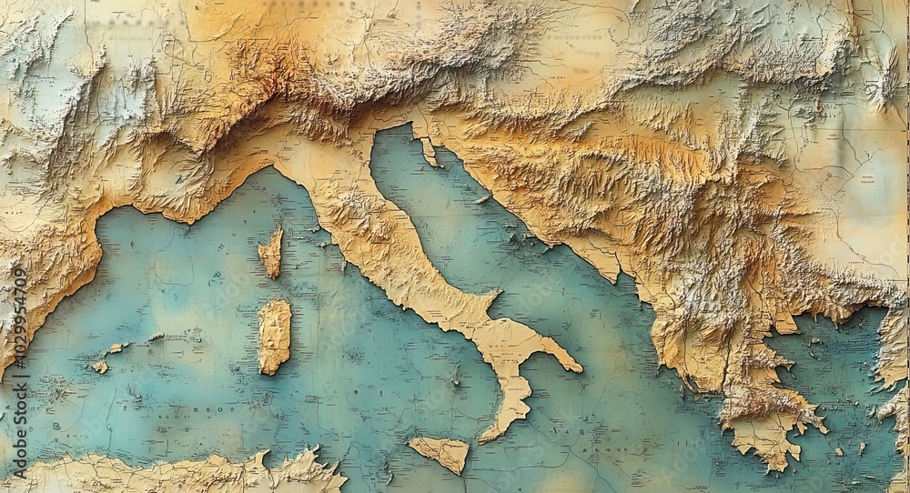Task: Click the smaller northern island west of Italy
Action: (270, 253)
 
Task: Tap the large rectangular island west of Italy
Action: (273, 336)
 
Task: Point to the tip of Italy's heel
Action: (577, 368)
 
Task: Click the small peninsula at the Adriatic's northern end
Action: (427, 150)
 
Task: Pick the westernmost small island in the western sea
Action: (98, 367)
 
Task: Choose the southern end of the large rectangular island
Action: (271, 371)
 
